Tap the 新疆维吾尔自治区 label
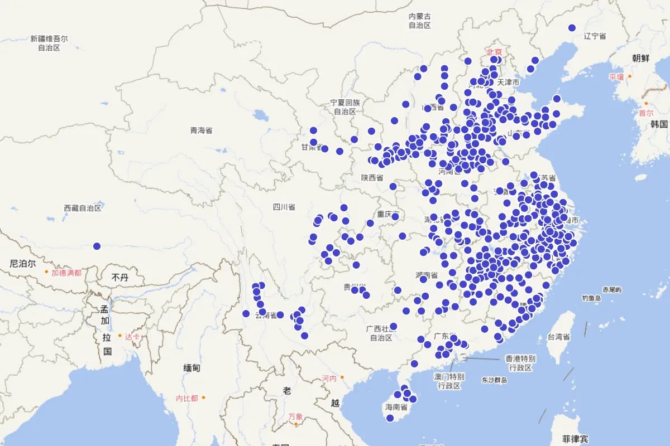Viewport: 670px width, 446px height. (49, 43)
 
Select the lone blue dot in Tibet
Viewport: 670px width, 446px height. (97, 246)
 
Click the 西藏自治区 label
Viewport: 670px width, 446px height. (83, 208)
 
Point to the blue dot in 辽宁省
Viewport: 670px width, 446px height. (572, 28)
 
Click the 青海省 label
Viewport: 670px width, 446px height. (201, 130)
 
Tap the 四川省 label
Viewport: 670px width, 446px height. (284, 207)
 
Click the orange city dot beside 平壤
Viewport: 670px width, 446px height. (630, 76)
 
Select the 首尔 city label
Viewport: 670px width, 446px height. (646, 113)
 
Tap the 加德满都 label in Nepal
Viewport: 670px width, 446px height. (66, 273)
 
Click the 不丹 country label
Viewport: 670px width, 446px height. (119, 277)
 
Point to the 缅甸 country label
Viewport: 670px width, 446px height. (192, 368)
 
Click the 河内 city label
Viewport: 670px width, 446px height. (329, 379)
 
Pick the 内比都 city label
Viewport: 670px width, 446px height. (186, 398)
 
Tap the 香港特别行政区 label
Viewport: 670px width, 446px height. (520, 363)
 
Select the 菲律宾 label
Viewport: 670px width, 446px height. (575, 439)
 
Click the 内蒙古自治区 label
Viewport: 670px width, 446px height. (419, 21)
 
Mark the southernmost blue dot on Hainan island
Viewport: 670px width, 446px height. (390, 418)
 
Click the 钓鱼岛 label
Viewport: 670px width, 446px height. (591, 298)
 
